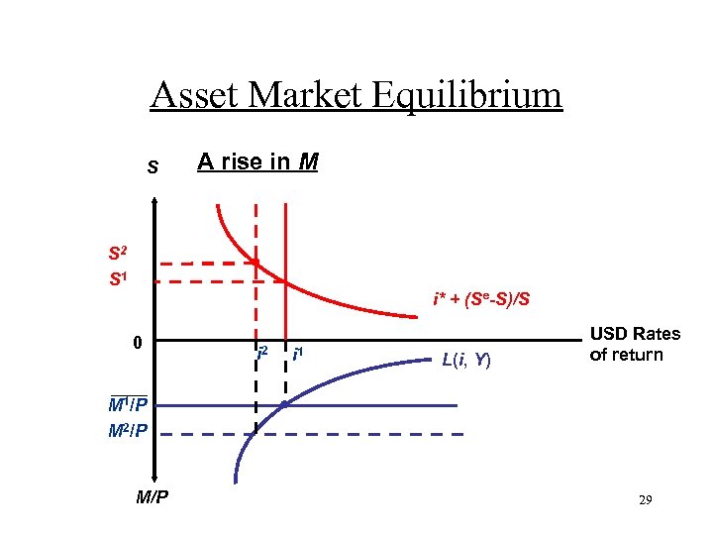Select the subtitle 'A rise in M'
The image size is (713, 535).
(257, 160)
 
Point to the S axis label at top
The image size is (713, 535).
(153, 167)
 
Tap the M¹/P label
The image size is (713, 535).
(129, 405)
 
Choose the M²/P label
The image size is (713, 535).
(129, 432)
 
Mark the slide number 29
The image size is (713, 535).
(644, 502)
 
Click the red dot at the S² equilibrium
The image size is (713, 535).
(255, 263)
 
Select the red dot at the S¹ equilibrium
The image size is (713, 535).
(285, 281)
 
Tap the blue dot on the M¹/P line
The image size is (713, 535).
(285, 405)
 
